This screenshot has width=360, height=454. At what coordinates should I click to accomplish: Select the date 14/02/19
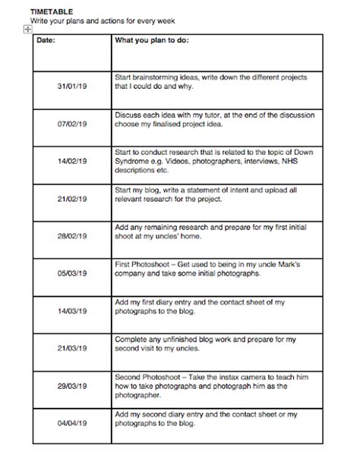(72, 162)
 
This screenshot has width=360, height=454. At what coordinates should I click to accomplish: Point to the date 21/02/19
(72, 199)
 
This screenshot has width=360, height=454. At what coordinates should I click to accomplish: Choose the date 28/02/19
(72, 237)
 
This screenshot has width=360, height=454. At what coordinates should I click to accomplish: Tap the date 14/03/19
(72, 311)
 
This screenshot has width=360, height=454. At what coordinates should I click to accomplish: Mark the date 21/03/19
(72, 348)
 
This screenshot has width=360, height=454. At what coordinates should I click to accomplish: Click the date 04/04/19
(72, 423)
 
